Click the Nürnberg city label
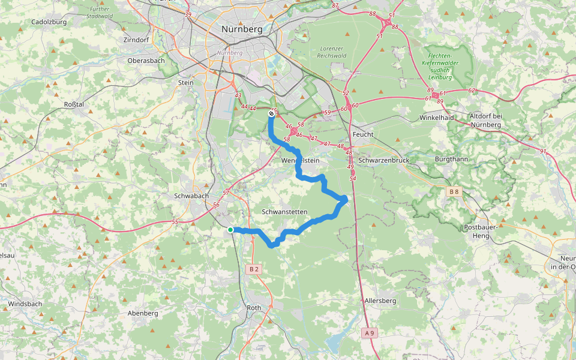241,29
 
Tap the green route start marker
230,230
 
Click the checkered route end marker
271,112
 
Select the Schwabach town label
190,196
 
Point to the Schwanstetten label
284,212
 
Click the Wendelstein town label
300,161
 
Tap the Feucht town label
364,134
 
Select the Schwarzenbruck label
383,161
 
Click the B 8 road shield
454,192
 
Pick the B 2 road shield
254,269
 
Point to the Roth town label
254,308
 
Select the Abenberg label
143,313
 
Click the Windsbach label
25,304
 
